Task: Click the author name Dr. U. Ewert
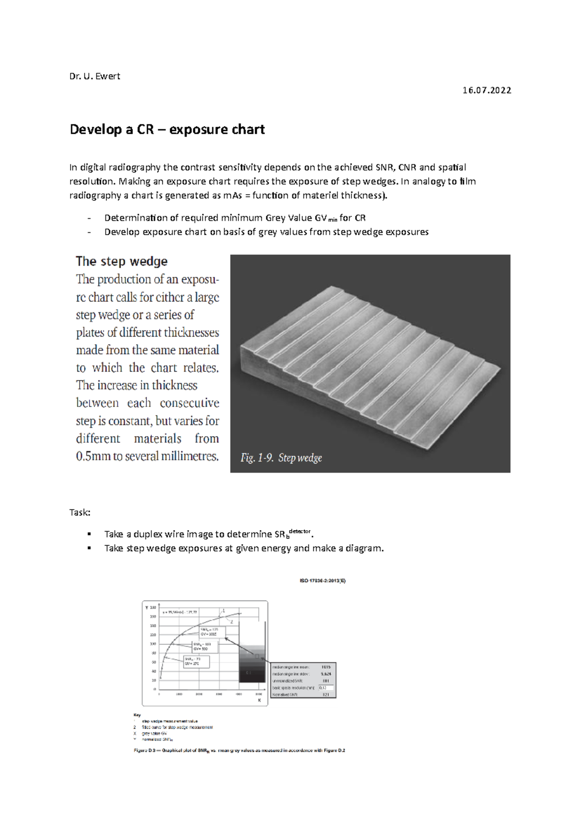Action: pos(95,76)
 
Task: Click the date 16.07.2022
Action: pos(487,90)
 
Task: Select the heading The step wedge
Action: pos(121,261)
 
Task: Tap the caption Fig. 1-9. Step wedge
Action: pos(281,458)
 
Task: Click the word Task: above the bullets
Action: pos(80,512)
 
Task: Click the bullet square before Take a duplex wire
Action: pos(89,534)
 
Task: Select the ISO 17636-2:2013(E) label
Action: pos(322,580)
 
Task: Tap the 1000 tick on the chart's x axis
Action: pos(179,694)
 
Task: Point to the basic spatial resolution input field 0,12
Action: pos(326,688)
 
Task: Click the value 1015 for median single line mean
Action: pos(326,667)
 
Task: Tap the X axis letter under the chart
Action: pos(259,700)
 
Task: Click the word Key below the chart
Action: pos(137,714)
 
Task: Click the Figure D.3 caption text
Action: pos(239,750)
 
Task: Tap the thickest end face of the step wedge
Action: pos(252,367)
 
